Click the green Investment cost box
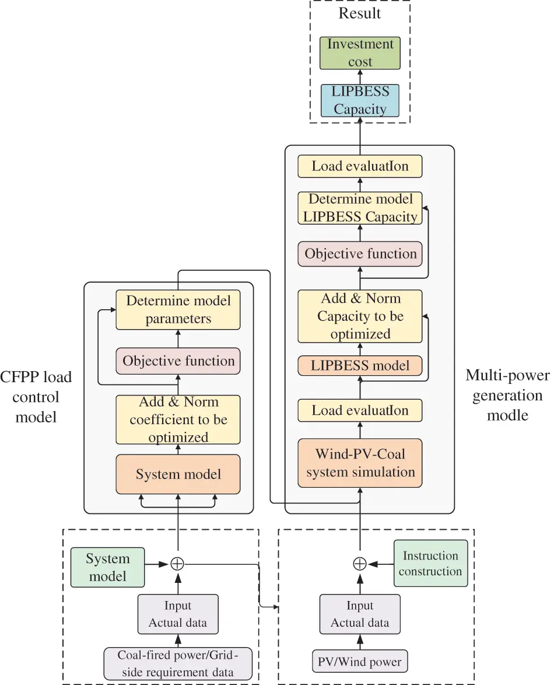(360, 53)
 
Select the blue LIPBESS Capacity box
(360, 100)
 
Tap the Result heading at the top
(360, 13)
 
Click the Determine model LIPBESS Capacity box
(360, 208)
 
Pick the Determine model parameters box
(178, 310)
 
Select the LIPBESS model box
(360, 366)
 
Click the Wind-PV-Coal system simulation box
(360, 463)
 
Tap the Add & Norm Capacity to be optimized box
(360, 316)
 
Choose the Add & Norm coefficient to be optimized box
(178, 420)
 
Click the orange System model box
(178, 474)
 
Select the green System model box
(107, 567)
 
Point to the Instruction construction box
(430, 564)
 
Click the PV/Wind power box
(360, 662)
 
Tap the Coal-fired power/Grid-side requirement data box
(178, 663)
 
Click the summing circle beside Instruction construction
(360, 564)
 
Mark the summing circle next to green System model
(177, 564)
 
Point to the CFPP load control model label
(37, 397)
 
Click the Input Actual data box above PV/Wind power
(360, 614)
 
